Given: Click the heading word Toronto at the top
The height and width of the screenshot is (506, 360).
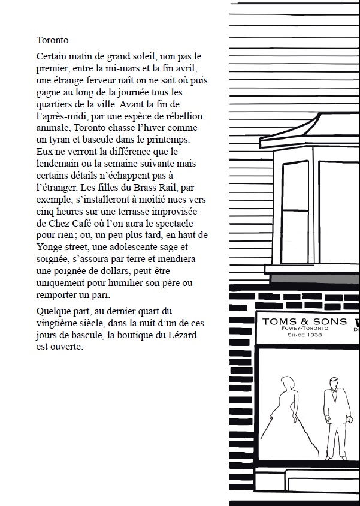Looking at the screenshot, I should click(x=53, y=41).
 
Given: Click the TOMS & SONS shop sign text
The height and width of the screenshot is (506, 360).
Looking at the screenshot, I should click(x=304, y=321).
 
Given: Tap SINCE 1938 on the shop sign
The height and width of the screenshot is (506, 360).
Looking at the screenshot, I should click(x=305, y=336).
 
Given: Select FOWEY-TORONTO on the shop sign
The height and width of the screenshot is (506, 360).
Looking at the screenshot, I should click(x=305, y=329).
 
